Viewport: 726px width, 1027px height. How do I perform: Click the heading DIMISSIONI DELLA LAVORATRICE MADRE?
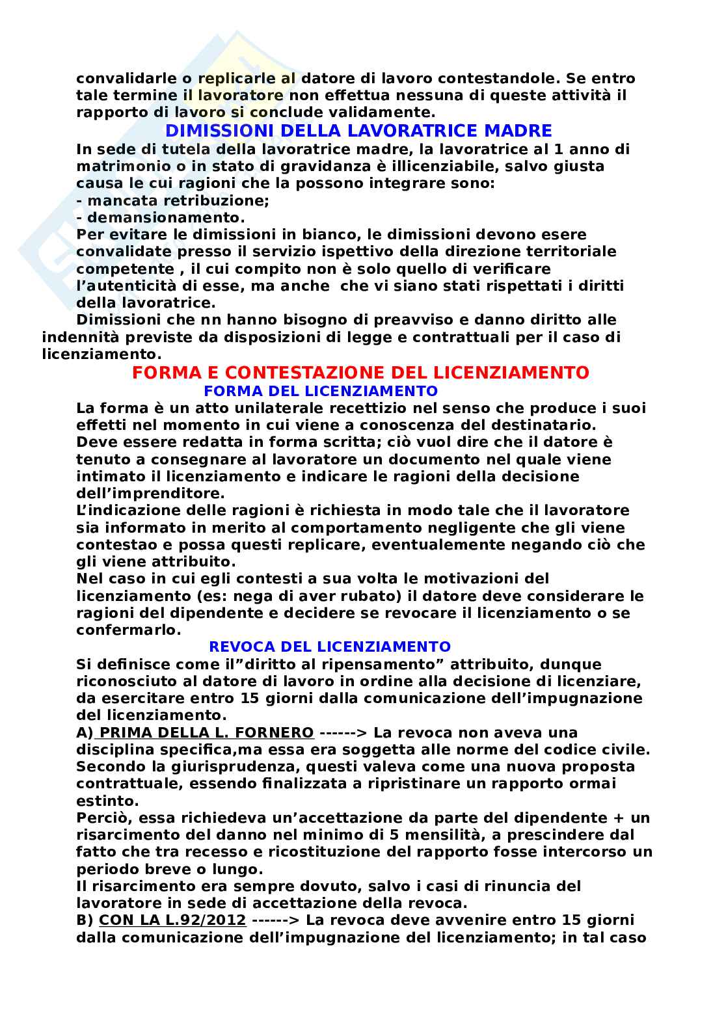tap(358, 131)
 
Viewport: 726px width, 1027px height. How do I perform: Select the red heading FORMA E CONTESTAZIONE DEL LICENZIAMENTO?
tap(360, 373)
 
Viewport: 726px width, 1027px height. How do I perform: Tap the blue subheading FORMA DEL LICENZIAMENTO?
tap(320, 391)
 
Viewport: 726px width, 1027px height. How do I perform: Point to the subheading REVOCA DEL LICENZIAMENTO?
tap(329, 647)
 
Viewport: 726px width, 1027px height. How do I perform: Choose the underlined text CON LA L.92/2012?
tap(172, 920)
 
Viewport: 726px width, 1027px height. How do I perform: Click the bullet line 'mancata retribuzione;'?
tap(172, 200)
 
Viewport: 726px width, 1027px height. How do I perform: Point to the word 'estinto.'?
tap(105, 800)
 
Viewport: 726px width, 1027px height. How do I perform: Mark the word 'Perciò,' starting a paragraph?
tap(103, 818)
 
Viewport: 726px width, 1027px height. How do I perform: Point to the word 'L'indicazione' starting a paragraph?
tap(126, 510)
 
